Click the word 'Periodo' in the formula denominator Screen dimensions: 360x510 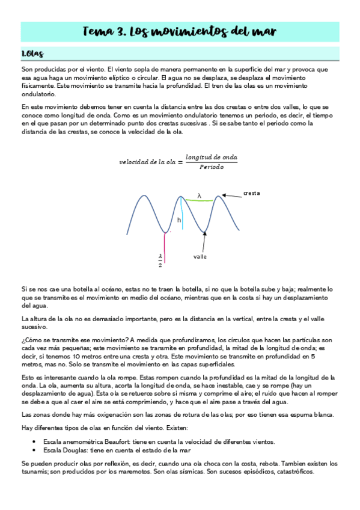tap(211, 167)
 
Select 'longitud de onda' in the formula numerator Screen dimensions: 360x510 tap(212, 156)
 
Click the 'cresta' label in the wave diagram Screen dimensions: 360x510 tap(252, 193)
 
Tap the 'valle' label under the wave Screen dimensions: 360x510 tap(200, 257)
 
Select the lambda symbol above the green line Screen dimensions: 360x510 tap(199, 195)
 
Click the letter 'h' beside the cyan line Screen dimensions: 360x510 tap(179, 220)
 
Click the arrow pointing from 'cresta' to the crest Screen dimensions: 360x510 tap(231, 194)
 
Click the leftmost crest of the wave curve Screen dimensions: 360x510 tap(144, 195)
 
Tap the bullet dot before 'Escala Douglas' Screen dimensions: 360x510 tap(38, 449)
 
